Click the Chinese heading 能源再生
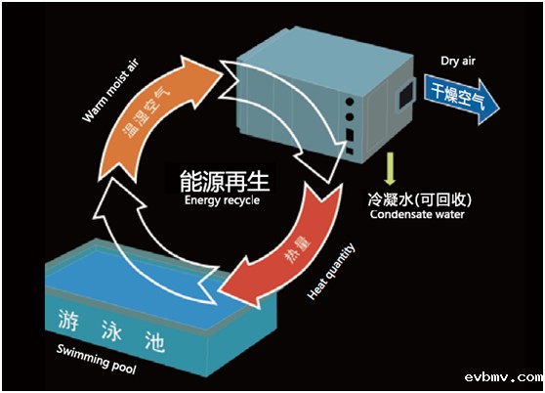click(x=223, y=181)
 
